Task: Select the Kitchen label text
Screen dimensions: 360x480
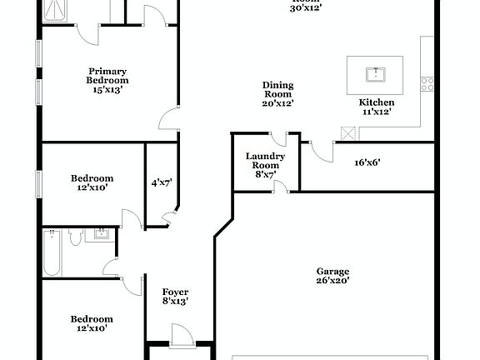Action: coord(376,102)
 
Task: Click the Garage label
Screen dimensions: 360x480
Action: coord(332,272)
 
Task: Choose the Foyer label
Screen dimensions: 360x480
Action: coord(175,292)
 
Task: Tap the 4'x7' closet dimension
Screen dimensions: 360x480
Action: coord(162,183)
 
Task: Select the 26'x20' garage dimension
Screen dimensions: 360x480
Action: coord(332,282)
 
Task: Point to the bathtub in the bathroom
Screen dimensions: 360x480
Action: coord(52,253)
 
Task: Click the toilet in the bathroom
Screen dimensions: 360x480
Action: coord(75,239)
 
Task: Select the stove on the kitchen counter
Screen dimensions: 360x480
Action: coord(426,82)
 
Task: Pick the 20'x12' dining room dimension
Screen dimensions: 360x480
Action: coord(277,103)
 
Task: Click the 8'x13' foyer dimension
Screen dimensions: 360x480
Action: coord(175,302)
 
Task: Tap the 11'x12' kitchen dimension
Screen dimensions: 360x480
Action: coord(376,112)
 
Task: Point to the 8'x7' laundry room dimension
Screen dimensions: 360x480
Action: coord(266,175)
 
